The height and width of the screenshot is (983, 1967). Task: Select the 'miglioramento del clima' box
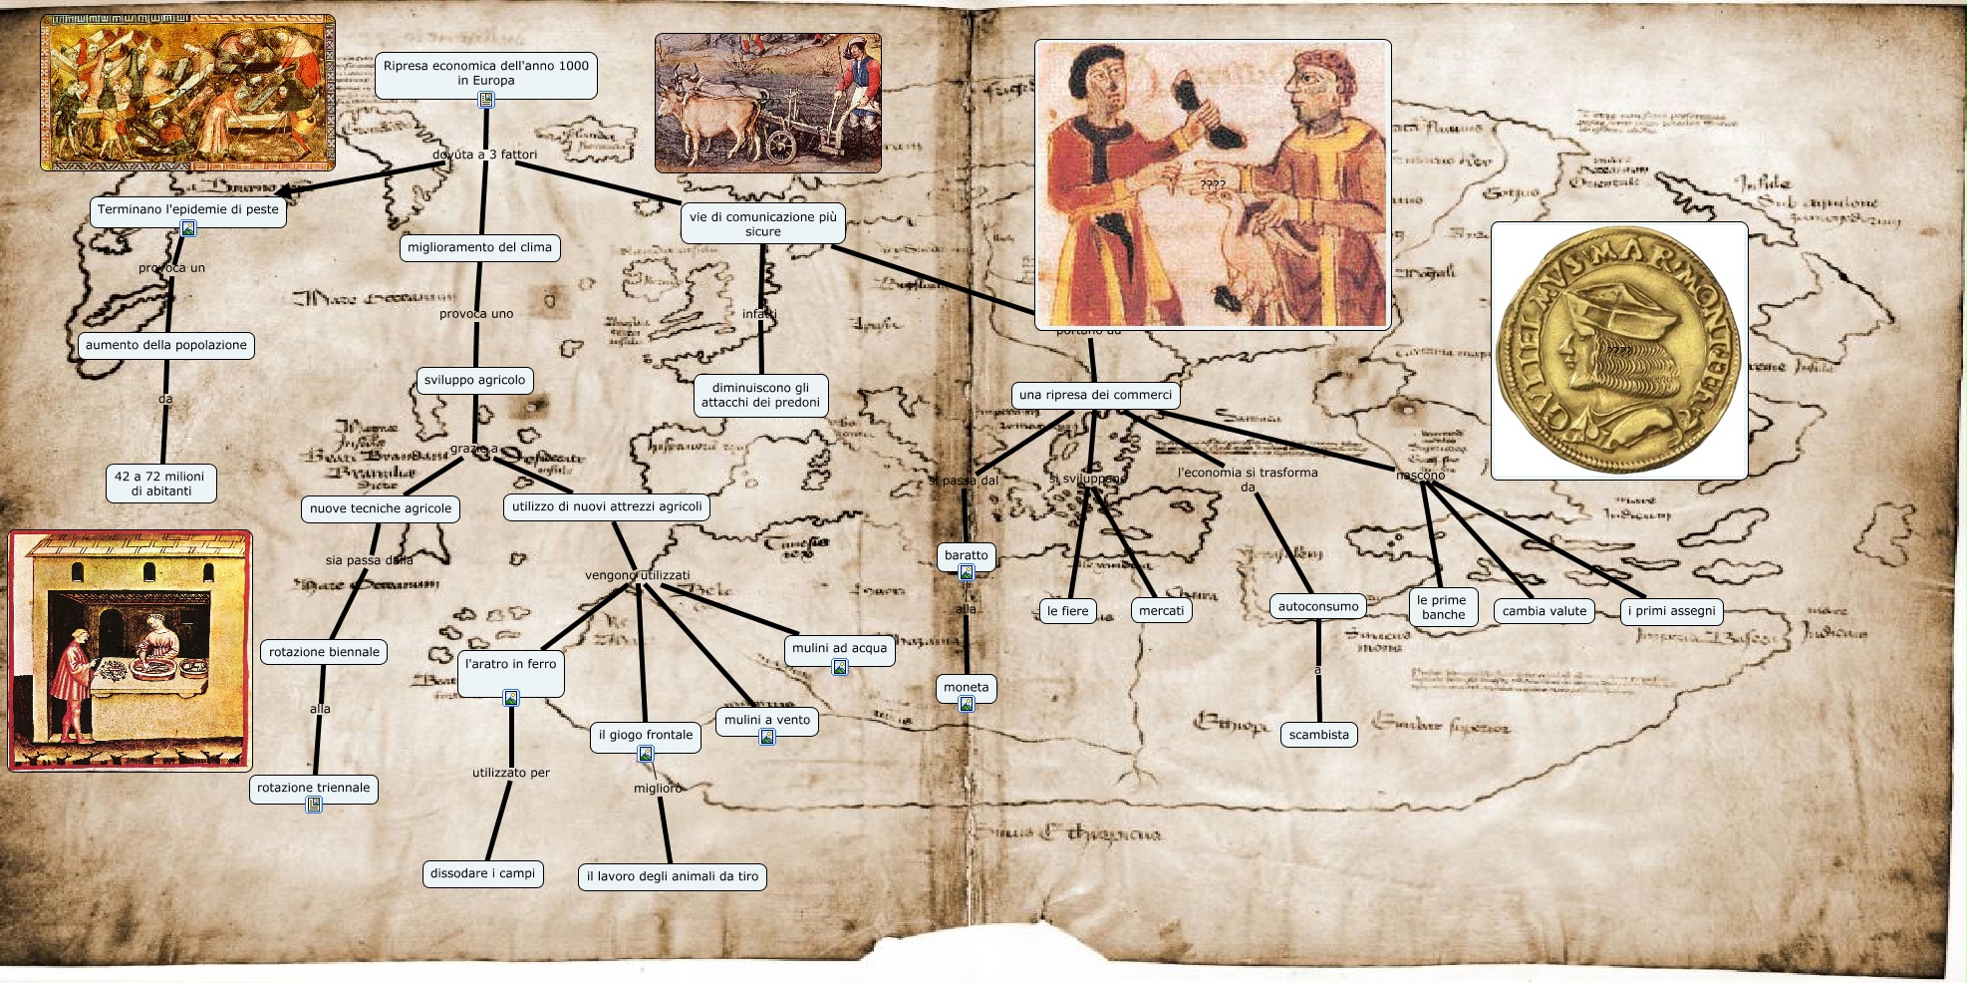click(x=479, y=247)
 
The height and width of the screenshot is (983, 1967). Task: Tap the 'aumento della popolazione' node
click(x=166, y=345)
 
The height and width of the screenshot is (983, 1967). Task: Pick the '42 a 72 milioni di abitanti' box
click(x=160, y=484)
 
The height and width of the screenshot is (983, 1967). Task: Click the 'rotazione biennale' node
click(x=324, y=652)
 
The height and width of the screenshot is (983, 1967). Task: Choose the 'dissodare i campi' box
click(x=482, y=873)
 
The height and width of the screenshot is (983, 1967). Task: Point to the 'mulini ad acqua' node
click(x=839, y=648)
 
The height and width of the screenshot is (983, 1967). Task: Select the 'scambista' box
click(x=1318, y=735)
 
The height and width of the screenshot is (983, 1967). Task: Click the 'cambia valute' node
click(x=1544, y=611)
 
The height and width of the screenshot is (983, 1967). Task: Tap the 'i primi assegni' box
click(x=1671, y=611)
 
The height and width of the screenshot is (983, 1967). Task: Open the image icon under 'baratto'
click(x=967, y=572)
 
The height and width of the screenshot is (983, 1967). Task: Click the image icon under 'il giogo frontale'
click(x=646, y=755)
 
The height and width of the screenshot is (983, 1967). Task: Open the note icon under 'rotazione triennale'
click(x=314, y=805)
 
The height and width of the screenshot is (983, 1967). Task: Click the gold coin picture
click(x=1618, y=351)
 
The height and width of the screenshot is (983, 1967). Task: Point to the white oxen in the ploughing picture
click(x=712, y=115)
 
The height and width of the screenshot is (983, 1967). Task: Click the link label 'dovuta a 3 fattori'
click(x=484, y=155)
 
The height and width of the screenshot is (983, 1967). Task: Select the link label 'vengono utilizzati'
click(x=637, y=575)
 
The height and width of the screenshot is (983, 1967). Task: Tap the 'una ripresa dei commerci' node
click(x=1095, y=395)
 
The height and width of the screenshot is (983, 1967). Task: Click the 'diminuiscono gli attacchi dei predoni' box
click(x=760, y=395)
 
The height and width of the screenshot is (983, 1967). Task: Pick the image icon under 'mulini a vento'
click(x=767, y=737)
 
